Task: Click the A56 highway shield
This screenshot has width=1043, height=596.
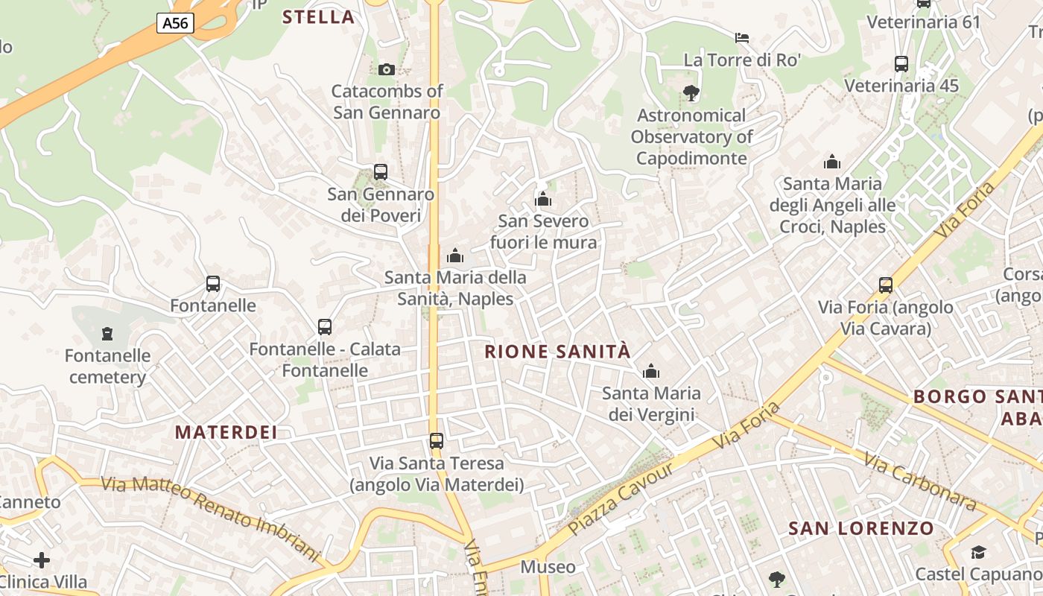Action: (x=175, y=23)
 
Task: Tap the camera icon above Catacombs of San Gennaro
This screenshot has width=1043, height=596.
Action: (x=386, y=69)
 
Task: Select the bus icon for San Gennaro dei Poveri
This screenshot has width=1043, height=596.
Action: (x=381, y=172)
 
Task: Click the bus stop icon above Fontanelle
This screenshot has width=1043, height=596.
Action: (x=213, y=284)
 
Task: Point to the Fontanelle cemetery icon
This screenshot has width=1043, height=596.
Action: (x=107, y=333)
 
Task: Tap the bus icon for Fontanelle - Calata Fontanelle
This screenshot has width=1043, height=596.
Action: (x=325, y=327)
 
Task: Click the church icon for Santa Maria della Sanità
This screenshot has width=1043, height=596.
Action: (x=455, y=256)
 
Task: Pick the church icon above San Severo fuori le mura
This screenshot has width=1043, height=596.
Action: (x=543, y=199)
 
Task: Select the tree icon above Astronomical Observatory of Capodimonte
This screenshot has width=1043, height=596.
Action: (x=691, y=93)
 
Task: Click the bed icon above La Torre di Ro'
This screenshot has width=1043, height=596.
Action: (x=741, y=38)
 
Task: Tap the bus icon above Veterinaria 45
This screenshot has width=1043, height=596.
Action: (x=901, y=64)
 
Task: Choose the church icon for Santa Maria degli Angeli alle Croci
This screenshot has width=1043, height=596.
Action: (x=832, y=162)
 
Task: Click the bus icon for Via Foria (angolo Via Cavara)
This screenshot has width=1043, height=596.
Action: (x=886, y=285)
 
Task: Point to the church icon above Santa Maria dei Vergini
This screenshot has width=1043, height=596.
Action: (x=651, y=371)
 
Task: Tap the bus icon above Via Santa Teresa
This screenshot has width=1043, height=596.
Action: (x=437, y=441)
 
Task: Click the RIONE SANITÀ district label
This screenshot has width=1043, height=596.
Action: (x=557, y=352)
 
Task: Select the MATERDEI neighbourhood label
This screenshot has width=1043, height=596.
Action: (x=226, y=432)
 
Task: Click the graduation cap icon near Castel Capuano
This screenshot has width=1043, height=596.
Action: (x=977, y=552)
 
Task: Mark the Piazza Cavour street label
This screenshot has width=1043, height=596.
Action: (x=621, y=498)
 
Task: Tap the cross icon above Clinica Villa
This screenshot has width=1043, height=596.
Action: (x=42, y=559)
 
